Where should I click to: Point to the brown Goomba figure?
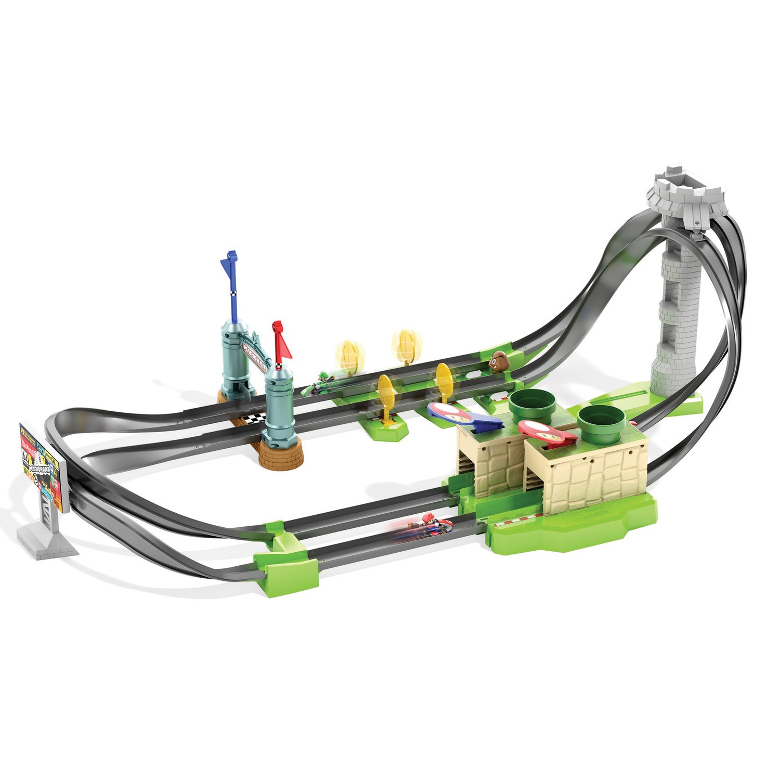click(x=498, y=359)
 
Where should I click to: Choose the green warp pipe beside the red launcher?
click(x=600, y=423)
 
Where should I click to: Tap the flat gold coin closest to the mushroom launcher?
click(x=444, y=380)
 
